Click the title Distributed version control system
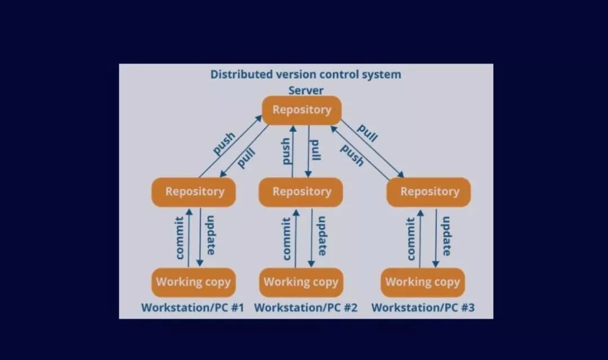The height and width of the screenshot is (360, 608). pos(306,74)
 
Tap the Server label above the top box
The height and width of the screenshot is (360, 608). pos(306,90)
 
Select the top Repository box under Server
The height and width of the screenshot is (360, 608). pos(302,110)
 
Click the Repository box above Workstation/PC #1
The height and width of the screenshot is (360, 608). pos(194,192)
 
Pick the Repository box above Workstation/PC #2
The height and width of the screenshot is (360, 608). pos(302,192)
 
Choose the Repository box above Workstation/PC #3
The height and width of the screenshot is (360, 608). pos(429,192)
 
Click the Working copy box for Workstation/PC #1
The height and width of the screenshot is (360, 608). pos(193,282)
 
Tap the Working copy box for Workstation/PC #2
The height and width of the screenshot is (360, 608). pos(301,282)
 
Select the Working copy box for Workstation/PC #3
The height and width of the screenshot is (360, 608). pos(423,282)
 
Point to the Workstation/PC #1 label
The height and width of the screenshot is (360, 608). pos(193,308)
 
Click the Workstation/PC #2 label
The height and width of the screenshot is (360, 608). pos(306,308)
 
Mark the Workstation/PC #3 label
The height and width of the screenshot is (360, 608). pos(423,308)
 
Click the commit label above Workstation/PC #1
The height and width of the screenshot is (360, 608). pos(180,238)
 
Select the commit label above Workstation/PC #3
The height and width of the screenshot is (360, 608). pos(411,238)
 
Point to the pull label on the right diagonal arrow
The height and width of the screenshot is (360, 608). pos(367,133)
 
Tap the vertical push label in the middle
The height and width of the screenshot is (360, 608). pos(287,151)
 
